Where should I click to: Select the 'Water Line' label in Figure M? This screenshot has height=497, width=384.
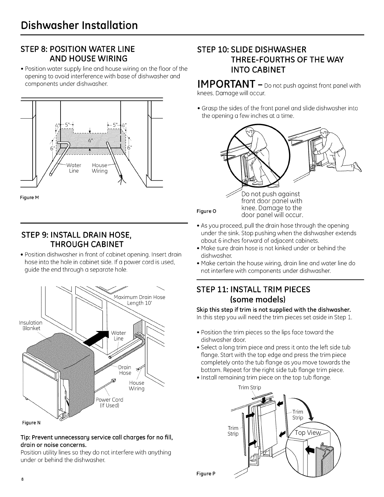[x=74, y=168]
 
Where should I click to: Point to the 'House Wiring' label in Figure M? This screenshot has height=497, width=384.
[x=100, y=168]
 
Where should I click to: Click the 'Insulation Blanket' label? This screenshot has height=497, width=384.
[x=31, y=325]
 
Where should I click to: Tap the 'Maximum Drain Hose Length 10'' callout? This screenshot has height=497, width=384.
[x=139, y=300]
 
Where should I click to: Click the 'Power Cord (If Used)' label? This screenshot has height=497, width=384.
[x=109, y=402]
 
